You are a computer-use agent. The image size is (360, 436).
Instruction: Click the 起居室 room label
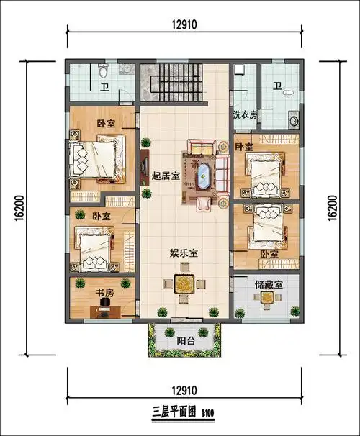point(166,176)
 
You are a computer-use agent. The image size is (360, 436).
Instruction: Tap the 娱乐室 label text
point(184,253)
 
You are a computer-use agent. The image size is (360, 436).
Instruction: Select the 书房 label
point(105,293)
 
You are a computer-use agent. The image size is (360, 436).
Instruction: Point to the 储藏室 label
point(268,285)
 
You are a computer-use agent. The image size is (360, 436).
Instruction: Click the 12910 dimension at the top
point(184,24)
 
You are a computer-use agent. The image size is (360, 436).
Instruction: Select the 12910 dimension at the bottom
point(184,390)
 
